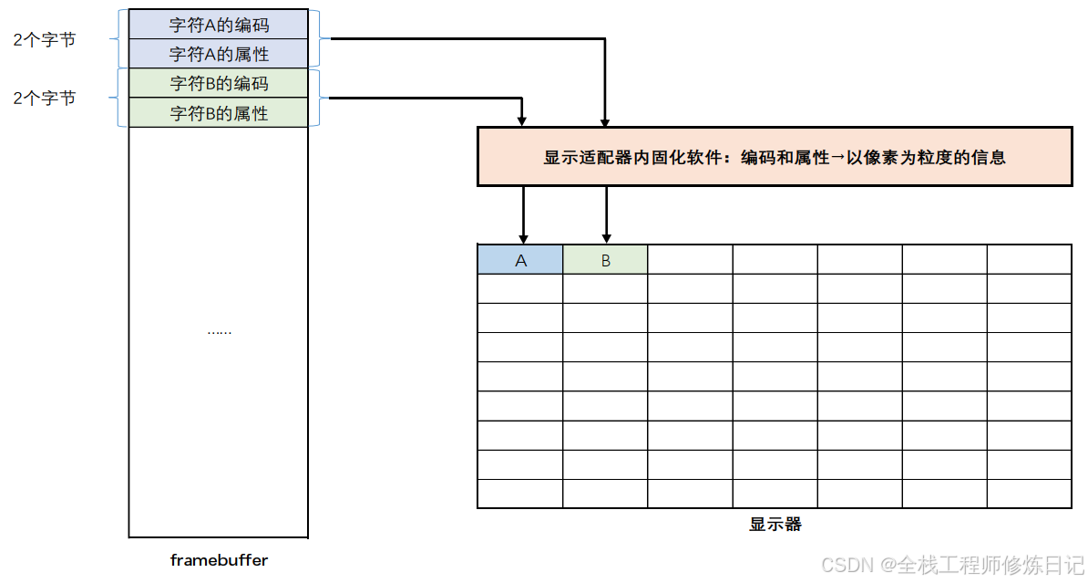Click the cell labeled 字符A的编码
pos(219,25)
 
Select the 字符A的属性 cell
pos(219,54)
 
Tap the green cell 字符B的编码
pos(219,84)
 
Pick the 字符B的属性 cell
pos(219,113)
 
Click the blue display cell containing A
pos(520,260)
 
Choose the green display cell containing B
pos(605,260)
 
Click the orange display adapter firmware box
pos(774,157)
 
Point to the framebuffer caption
pos(219,559)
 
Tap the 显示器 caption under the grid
pos(775,525)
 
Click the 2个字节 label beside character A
pos(44,39)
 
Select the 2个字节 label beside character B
pos(44,98)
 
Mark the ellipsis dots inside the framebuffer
pos(219,332)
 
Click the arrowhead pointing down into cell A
pos(522,238)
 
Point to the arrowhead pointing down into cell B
pos(605,238)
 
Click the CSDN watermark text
pos(952,565)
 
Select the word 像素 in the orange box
pos(879,157)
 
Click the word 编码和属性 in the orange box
pos(785,157)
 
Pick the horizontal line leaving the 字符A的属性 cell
pos(465,39)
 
